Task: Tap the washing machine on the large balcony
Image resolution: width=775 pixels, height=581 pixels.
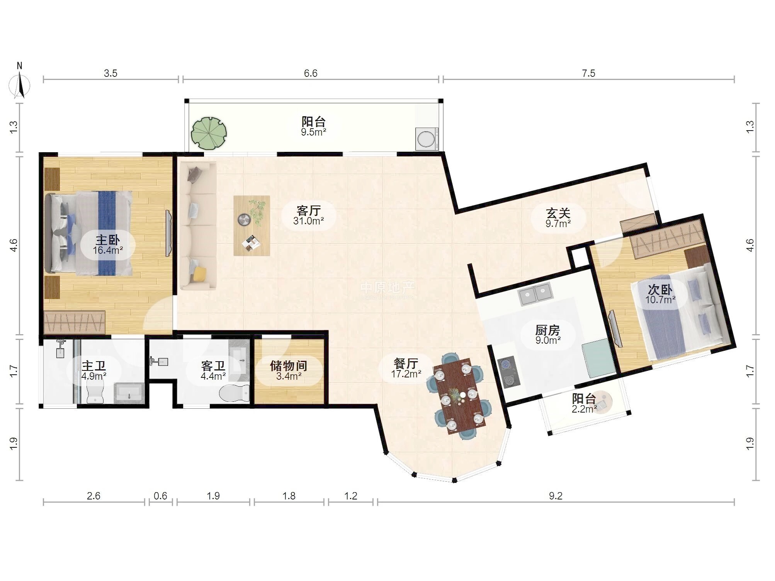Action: [427, 139]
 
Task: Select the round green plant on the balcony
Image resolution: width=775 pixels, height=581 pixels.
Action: [209, 133]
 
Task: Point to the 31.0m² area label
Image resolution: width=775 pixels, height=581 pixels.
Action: [308, 221]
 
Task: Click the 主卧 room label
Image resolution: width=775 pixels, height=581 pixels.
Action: [108, 240]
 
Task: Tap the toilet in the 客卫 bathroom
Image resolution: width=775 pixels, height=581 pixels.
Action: [234, 393]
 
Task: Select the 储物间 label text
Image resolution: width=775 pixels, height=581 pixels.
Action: [288, 365]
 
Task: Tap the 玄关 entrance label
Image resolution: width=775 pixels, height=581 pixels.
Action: [558, 213]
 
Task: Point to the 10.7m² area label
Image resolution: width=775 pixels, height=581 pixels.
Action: [660, 299]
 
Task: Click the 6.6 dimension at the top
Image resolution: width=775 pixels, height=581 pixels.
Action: [311, 73]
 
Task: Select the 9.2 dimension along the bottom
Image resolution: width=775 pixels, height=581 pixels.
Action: [556, 496]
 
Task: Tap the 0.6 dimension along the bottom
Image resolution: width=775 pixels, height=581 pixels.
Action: [160, 496]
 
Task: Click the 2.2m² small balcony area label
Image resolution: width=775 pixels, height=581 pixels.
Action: [584, 409]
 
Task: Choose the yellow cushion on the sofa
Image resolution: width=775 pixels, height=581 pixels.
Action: [200, 274]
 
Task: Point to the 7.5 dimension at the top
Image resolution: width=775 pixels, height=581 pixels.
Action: [589, 73]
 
